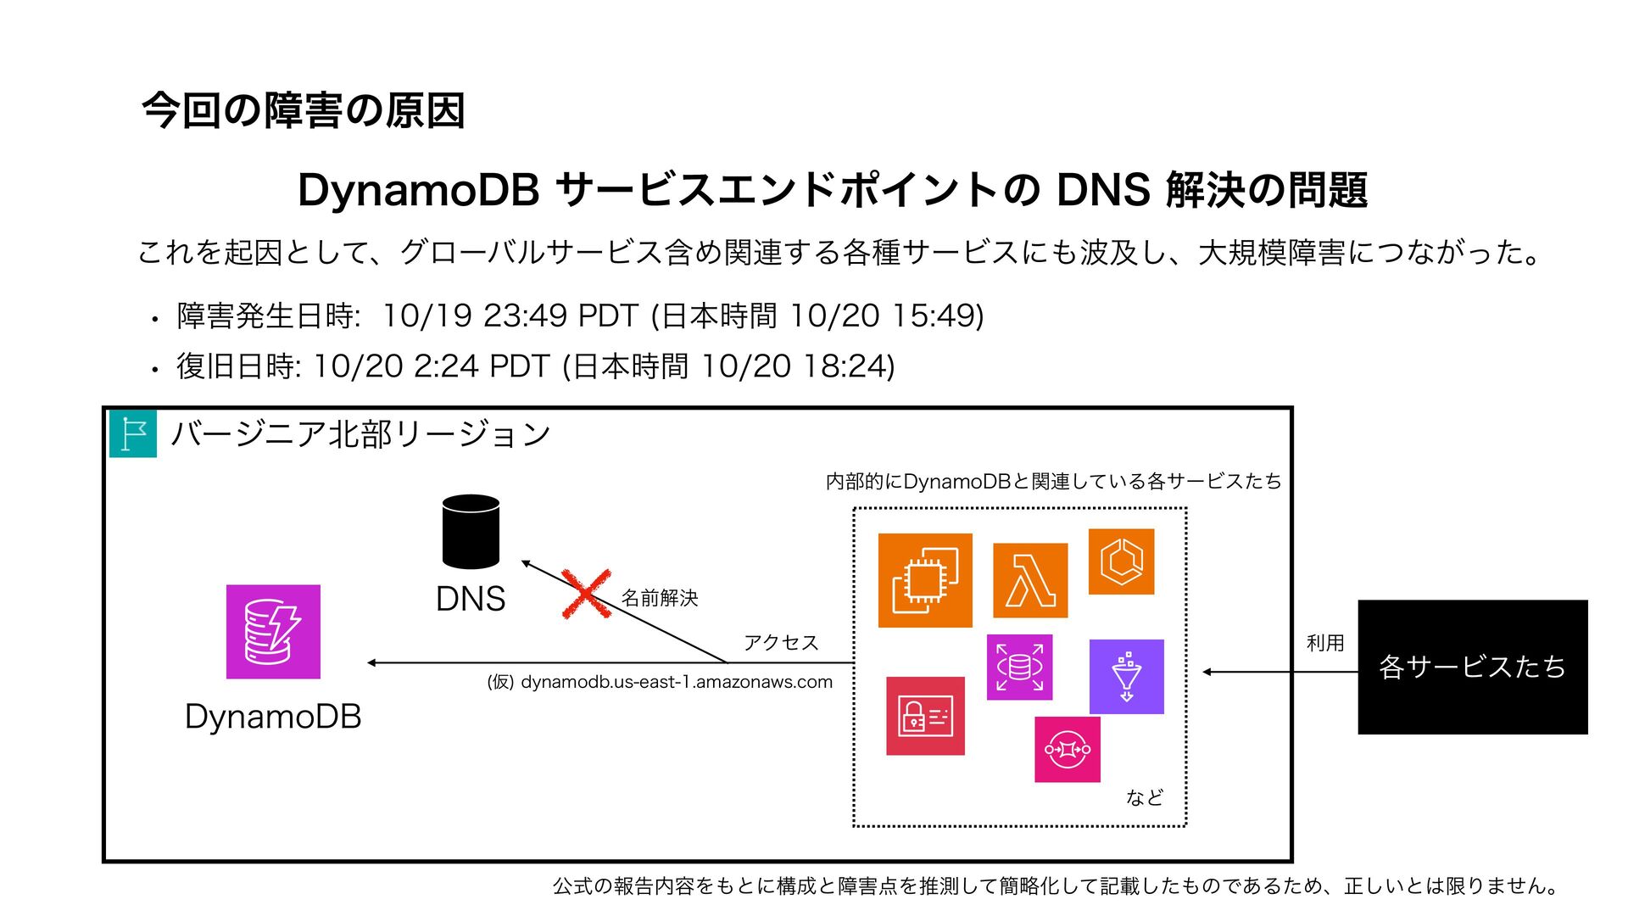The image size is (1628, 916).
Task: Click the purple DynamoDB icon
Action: pos(273,632)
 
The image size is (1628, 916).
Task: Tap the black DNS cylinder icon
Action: pos(471,532)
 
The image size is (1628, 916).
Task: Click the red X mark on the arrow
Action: pos(586,594)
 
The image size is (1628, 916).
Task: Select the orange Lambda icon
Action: pos(1030,580)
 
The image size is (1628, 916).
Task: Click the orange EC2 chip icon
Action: pos(925,580)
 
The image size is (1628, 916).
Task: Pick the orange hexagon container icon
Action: pos(1121,561)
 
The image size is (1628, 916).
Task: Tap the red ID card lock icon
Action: pos(925,716)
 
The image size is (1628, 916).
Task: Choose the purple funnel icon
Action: pos(1126,677)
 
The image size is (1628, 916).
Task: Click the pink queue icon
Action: pos(1068,749)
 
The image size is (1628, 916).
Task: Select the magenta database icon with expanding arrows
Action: pos(1019,667)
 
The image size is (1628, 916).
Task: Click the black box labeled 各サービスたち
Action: pos(1472,667)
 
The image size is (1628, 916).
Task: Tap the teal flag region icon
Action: pos(133,434)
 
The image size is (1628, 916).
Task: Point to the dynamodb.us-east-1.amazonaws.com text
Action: pos(676,682)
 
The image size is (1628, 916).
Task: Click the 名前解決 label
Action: pos(660,598)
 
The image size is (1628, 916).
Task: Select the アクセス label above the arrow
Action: pos(781,642)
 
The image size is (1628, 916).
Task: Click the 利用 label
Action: pos(1325,643)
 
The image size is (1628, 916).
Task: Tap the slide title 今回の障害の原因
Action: pos(304,111)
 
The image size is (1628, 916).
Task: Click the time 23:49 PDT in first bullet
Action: pos(560,316)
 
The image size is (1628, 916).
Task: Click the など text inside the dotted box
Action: pos(1144,797)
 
